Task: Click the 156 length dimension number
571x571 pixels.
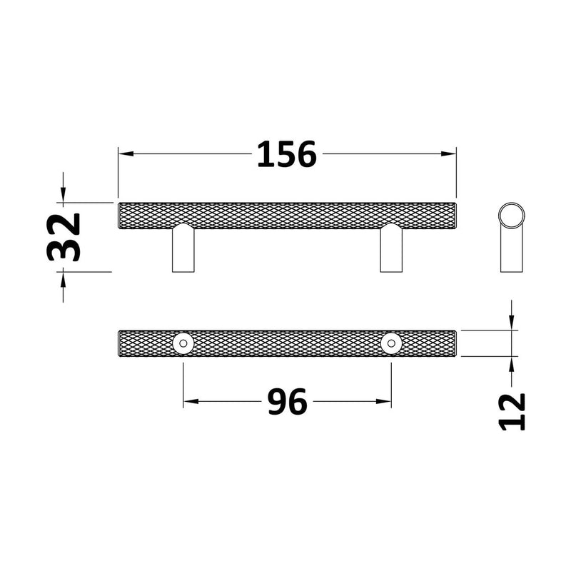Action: pyautogui.click(x=286, y=154)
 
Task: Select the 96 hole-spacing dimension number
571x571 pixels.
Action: pyautogui.click(x=287, y=403)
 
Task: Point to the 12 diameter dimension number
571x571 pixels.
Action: pyautogui.click(x=512, y=411)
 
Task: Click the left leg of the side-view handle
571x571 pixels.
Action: pyautogui.click(x=183, y=250)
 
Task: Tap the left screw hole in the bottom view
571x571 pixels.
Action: pyautogui.click(x=183, y=343)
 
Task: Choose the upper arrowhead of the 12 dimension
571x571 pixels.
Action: pyautogui.click(x=512, y=324)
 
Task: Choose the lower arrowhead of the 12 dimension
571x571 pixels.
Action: pyautogui.click(x=512, y=363)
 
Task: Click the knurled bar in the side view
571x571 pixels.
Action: pyautogui.click(x=285, y=215)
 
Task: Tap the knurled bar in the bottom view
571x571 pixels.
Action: pyautogui.click(x=285, y=343)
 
